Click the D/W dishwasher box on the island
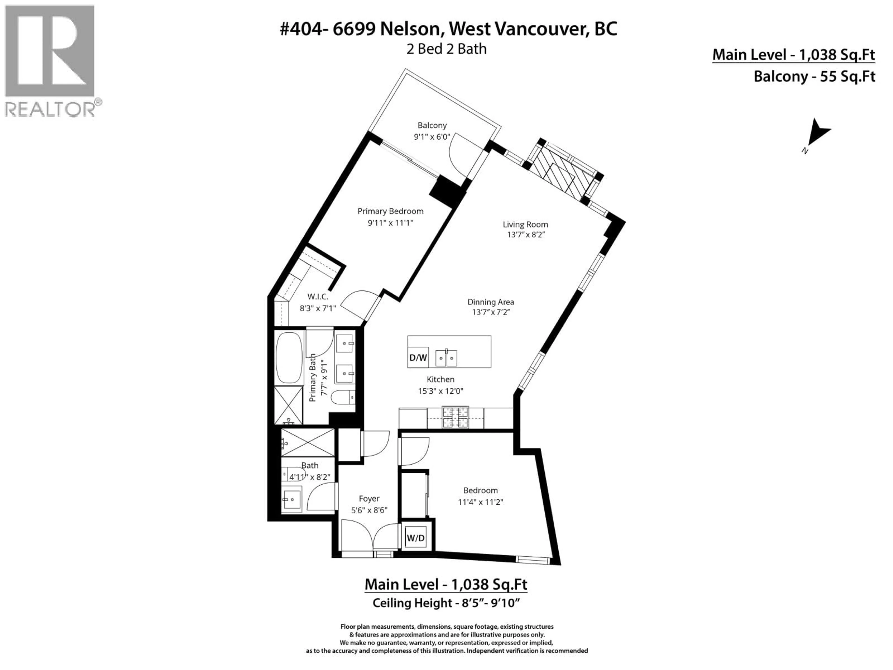(x=418, y=357)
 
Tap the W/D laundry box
(x=415, y=538)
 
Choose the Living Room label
(x=525, y=224)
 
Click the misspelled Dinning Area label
(x=490, y=302)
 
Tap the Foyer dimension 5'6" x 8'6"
(x=369, y=510)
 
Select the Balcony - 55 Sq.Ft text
(x=814, y=76)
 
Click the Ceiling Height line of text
(x=446, y=603)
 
